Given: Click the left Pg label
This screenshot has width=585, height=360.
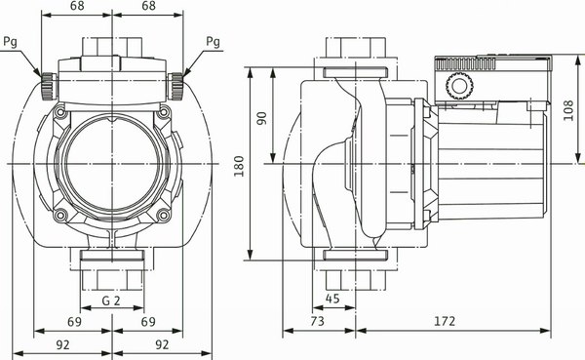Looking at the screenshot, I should tap(11, 41).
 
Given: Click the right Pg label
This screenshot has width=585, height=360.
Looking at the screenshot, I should tap(214, 41).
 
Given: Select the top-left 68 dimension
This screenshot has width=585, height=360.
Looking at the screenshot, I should tap(79, 7).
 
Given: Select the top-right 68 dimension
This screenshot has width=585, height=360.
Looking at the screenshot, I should tap(148, 7).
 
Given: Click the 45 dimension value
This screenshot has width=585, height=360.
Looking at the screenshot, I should tap(333, 300).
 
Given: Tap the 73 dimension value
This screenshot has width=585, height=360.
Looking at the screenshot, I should tap(317, 320).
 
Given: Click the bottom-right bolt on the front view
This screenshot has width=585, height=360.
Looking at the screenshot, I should tap(164, 214).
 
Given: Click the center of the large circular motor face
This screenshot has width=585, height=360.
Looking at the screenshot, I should tap(113, 163).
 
